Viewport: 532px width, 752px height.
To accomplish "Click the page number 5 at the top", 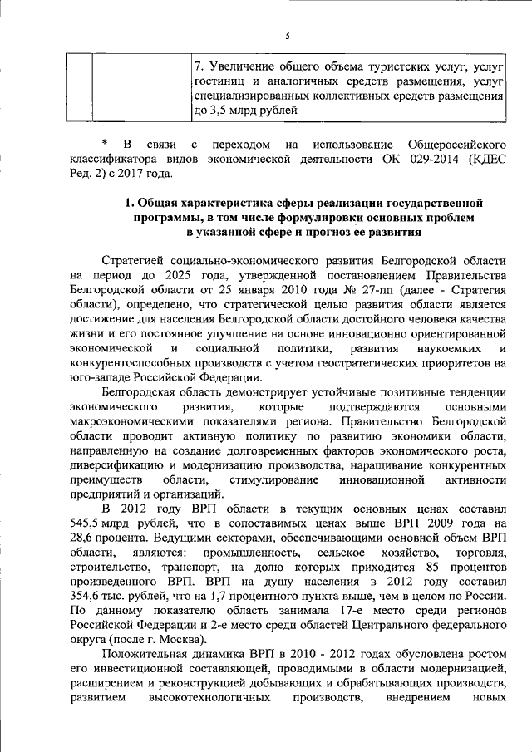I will tap(286, 35).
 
